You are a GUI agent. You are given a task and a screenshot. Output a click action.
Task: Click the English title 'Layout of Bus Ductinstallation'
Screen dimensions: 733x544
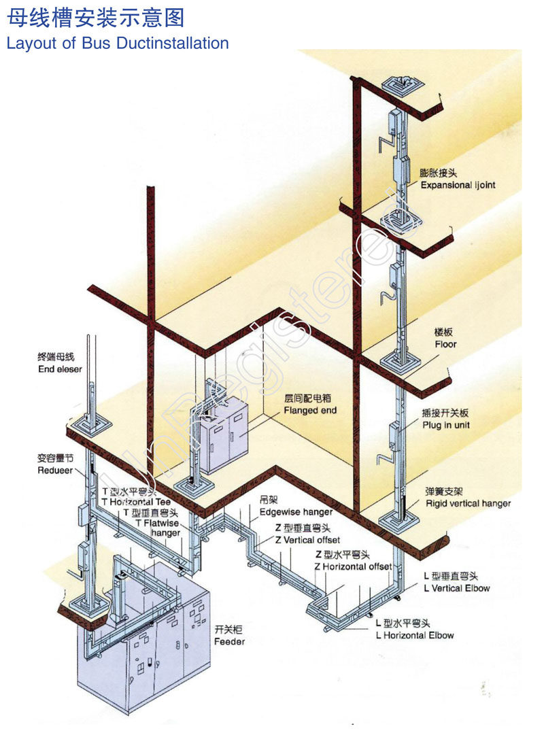(118, 44)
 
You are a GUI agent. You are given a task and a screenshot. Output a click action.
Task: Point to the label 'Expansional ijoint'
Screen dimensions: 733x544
(458, 185)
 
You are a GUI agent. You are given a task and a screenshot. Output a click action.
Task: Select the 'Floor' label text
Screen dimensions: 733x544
(445, 344)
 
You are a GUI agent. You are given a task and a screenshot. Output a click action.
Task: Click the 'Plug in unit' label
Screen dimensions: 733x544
(445, 425)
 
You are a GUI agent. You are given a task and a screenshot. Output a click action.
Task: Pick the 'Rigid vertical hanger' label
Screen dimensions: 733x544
(468, 503)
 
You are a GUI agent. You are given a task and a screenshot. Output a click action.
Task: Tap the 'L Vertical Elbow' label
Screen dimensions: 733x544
(456, 588)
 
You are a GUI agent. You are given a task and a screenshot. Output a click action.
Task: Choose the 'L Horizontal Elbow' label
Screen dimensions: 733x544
(414, 635)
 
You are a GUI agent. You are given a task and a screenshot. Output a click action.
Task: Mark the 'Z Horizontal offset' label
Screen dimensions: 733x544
(353, 566)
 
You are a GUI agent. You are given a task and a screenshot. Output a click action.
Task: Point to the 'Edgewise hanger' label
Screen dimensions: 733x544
(296, 511)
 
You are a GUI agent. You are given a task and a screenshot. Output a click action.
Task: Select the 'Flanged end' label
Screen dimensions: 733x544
(310, 410)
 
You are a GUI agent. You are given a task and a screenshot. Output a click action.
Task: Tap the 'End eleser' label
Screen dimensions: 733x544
(60, 369)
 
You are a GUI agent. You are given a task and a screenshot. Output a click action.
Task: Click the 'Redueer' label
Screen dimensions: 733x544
(55, 471)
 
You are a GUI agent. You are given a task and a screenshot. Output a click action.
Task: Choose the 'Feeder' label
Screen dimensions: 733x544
(229, 641)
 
